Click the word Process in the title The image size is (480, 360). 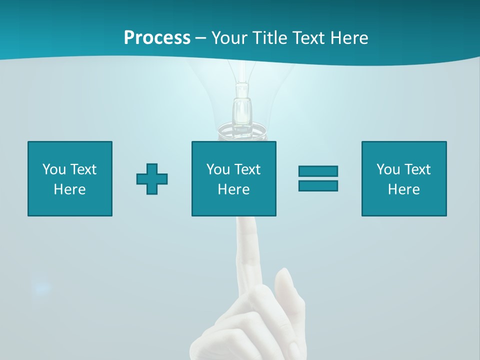point(157,38)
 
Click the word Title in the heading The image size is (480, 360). point(268,38)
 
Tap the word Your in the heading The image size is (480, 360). point(229,38)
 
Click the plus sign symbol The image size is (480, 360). point(152,179)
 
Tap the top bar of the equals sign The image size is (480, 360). point(318,171)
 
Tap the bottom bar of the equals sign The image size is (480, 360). point(318,185)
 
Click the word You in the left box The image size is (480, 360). point(54,169)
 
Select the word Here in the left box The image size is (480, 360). point(69,189)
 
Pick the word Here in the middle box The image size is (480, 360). point(233,189)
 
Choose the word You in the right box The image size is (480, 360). point(388,169)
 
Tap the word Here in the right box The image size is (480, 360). point(403,189)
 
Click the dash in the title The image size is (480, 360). point(200,38)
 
